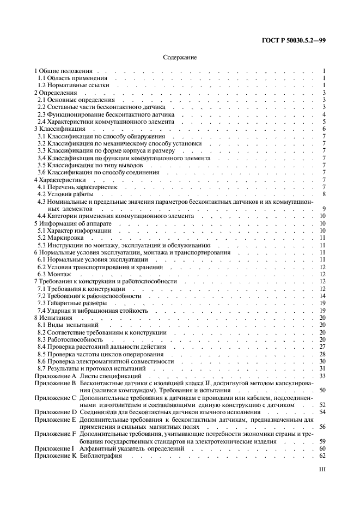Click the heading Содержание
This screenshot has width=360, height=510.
pos(180,57)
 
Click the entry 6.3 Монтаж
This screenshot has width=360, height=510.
pos(53,275)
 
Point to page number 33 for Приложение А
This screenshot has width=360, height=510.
pos(322,376)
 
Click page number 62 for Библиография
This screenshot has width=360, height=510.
pos(322,456)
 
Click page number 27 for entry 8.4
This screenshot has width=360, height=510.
pos(322,347)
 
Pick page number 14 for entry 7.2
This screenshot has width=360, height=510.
pos(322,296)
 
